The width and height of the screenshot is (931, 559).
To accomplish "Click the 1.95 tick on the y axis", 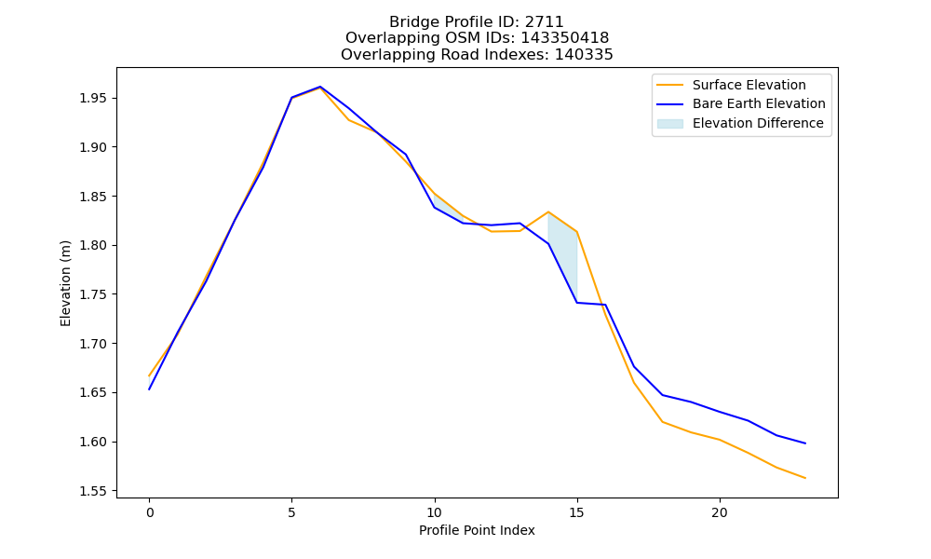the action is click(95, 98).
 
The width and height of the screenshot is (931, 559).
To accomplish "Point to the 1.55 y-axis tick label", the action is click(95, 491).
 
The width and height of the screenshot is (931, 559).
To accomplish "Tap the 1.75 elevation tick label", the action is click(95, 294).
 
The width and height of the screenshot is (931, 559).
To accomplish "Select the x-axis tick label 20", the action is click(720, 512).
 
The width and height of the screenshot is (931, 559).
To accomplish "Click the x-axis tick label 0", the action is click(150, 512).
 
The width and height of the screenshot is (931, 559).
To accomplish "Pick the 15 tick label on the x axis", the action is click(576, 512).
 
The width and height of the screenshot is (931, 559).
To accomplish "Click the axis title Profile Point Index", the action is click(477, 530).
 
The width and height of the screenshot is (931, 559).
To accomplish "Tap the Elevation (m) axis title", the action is click(65, 283).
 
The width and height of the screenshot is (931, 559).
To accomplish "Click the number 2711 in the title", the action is click(545, 22).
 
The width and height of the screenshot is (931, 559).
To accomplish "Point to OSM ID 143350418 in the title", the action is click(565, 38).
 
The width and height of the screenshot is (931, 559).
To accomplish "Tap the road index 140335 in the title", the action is click(584, 55).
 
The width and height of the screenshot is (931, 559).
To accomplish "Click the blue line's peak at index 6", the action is click(320, 87).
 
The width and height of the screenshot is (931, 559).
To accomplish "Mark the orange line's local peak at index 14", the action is click(548, 212).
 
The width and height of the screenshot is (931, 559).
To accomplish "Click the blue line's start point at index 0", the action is click(150, 389).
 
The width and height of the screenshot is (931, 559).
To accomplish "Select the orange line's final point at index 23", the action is click(805, 478).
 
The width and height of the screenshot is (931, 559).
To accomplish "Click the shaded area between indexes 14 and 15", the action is click(564, 250).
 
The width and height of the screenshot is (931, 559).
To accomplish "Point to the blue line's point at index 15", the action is click(576, 303).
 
